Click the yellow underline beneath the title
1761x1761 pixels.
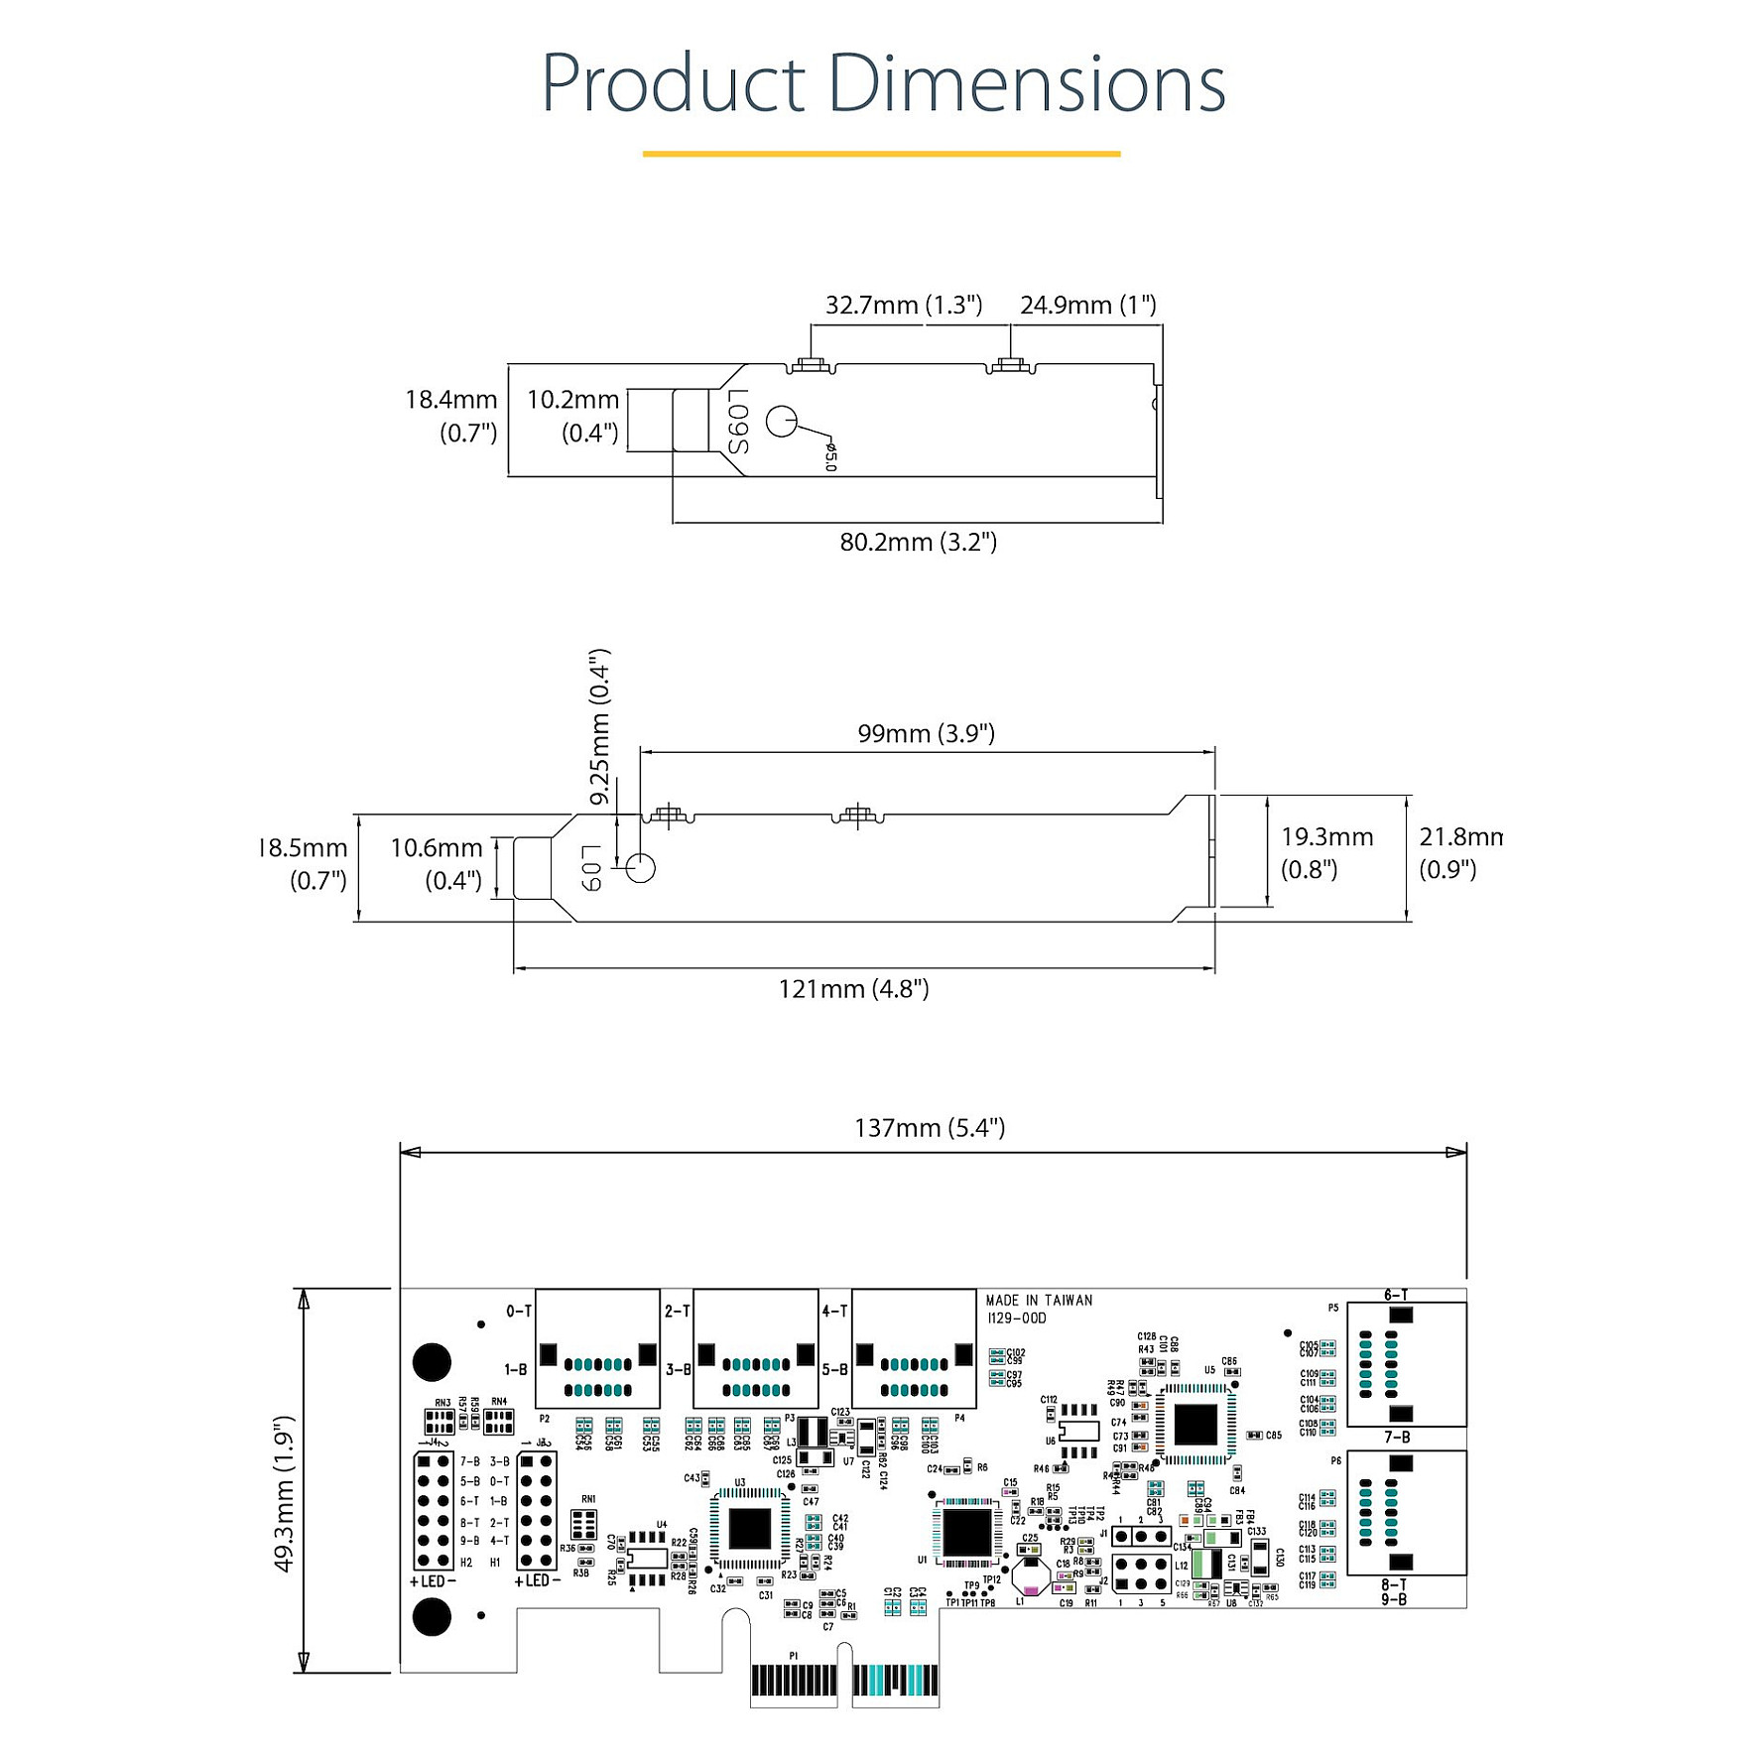881,154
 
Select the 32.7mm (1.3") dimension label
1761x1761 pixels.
903,306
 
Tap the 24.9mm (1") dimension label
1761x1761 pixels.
1087,306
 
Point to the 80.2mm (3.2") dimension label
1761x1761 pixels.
918,543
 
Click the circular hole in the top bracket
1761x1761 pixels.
781,422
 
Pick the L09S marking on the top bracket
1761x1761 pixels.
738,422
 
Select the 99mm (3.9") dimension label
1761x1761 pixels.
926,734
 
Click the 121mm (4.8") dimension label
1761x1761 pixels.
853,989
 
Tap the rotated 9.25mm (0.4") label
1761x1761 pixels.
599,727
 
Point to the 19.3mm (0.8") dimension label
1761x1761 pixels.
1326,853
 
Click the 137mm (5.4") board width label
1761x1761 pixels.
930,1128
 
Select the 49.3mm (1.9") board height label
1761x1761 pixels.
285,1493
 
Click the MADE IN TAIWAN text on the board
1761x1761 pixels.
1039,1301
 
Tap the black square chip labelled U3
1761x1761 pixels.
750,1529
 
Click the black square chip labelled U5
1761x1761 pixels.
1195,1426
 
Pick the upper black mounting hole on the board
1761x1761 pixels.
432,1362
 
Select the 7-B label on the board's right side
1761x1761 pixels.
1397,1438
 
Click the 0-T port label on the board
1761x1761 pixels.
519,1312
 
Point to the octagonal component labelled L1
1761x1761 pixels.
1031,1574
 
